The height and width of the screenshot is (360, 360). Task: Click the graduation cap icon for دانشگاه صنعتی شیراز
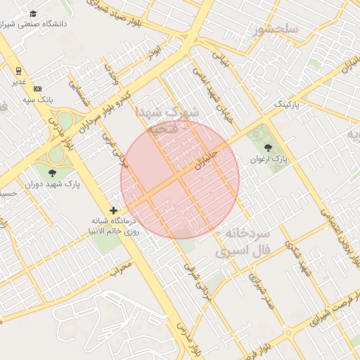(x=33, y=14)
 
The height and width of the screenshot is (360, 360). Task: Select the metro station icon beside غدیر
(x=19, y=70)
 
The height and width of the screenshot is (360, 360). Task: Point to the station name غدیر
(x=19, y=81)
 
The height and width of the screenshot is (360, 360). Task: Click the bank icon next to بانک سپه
(x=37, y=89)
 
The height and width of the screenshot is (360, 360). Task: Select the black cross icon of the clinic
(x=113, y=210)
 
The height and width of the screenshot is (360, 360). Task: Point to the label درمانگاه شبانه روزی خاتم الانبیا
(x=113, y=225)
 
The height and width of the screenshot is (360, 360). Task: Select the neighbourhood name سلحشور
(x=278, y=29)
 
